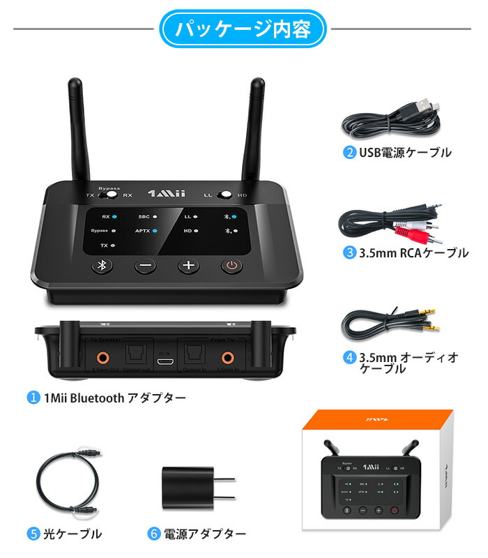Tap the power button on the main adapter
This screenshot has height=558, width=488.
[232, 266]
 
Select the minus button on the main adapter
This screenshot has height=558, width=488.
[145, 266]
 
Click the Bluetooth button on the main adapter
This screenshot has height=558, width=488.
[101, 266]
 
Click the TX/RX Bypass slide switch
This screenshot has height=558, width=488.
[107, 195]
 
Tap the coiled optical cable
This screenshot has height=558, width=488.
[66, 481]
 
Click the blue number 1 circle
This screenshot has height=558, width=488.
[33, 398]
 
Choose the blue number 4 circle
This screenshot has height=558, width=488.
[350, 358]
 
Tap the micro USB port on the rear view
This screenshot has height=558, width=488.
[165, 363]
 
